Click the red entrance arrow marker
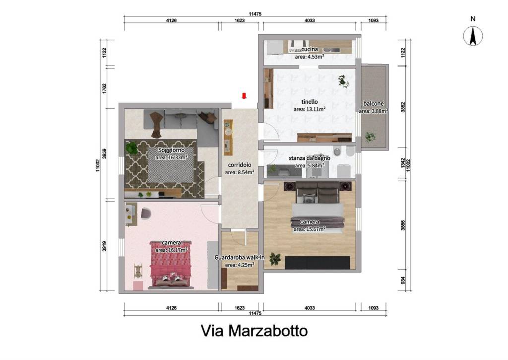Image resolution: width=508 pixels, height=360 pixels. pyautogui.click(x=244, y=96)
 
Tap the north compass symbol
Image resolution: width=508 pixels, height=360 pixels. pyautogui.click(x=473, y=36)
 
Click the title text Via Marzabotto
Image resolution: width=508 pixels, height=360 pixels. pyautogui.click(x=254, y=331)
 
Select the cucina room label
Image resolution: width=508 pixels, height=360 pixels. pyautogui.click(x=310, y=49)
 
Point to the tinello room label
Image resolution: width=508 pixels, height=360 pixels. pyautogui.click(x=310, y=102)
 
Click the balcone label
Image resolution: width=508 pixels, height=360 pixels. pyautogui.click(x=373, y=103)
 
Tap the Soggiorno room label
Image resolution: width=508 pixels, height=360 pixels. pyautogui.click(x=171, y=150)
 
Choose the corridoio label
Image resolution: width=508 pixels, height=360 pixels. pyautogui.click(x=240, y=165)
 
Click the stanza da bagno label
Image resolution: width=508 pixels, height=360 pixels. pyautogui.click(x=310, y=158)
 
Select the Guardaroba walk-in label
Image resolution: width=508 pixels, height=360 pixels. pyautogui.click(x=240, y=258)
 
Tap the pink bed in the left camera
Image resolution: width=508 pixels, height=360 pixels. pyautogui.click(x=171, y=264)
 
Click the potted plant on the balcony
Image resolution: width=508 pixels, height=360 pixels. pyautogui.click(x=370, y=137)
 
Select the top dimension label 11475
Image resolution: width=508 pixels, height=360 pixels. pyautogui.click(x=255, y=14)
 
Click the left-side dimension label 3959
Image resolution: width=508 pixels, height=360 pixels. pyautogui.click(x=104, y=154)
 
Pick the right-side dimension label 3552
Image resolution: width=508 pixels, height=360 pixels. pyautogui.click(x=403, y=107)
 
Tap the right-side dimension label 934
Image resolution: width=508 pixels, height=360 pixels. pyautogui.click(x=403, y=280)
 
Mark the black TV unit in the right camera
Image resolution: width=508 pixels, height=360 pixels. pyautogui.click(x=317, y=263)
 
